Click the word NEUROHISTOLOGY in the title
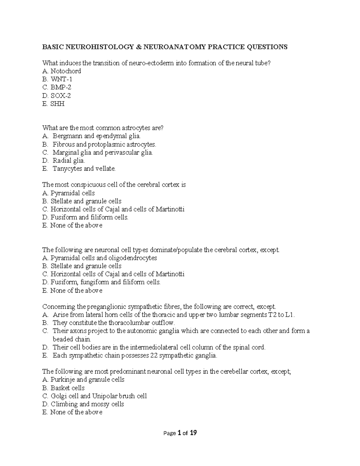tap(100, 47)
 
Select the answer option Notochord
tap(66, 71)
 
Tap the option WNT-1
tap(61, 79)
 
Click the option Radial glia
tap(69, 161)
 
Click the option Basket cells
tap(67, 388)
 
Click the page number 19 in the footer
tap(193, 433)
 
